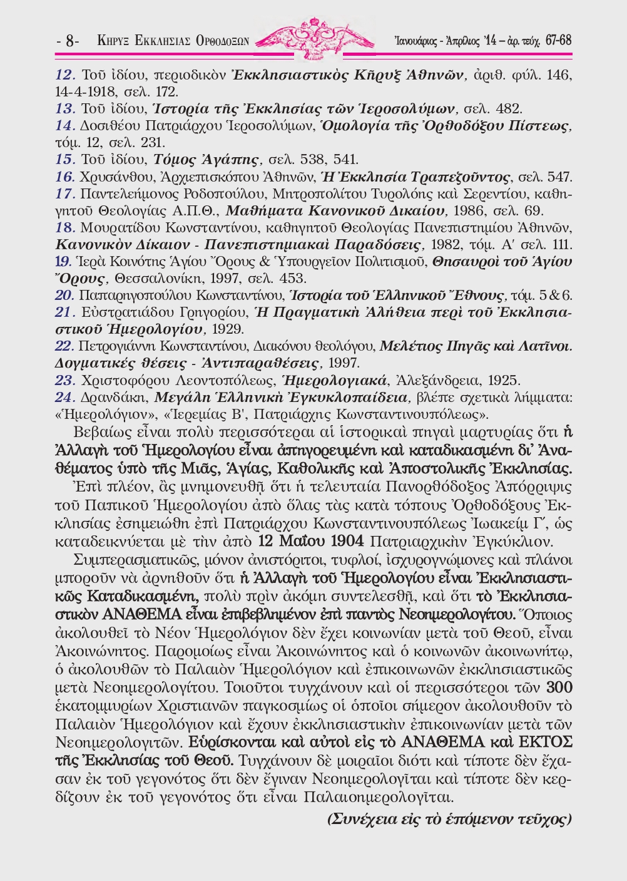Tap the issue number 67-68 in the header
(558, 41)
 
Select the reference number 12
(65, 75)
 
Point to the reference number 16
(65, 177)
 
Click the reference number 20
(65, 295)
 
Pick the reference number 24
(65, 396)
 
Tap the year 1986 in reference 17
(467, 210)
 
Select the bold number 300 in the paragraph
(559, 688)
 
